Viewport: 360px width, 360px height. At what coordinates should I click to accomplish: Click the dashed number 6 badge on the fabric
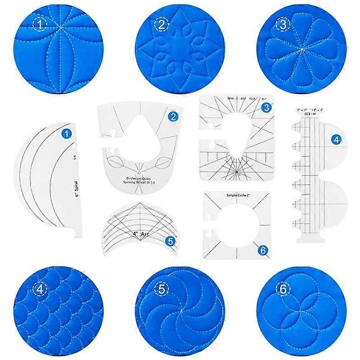pos(282,290)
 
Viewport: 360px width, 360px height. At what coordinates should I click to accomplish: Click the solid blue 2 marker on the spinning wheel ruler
pos(172,117)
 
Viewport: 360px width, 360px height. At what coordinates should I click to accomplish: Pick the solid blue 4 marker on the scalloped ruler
pos(335,139)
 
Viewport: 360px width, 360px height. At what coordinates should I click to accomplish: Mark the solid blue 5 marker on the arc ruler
pos(170,241)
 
